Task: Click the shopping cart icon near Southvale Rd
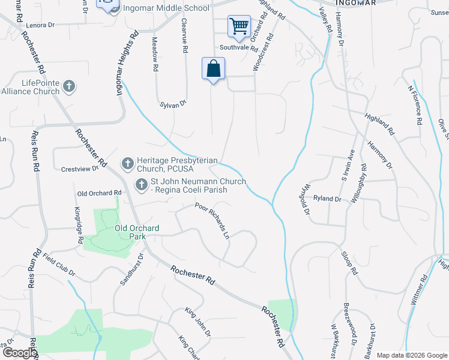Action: (x=239, y=26)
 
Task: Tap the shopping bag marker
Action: (x=213, y=68)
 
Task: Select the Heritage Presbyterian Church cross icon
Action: (x=127, y=163)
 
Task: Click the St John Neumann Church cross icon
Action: (x=142, y=185)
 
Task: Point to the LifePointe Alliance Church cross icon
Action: (x=69, y=86)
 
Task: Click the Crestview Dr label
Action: (x=79, y=169)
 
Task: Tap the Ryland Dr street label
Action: (x=327, y=199)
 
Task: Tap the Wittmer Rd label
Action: (x=418, y=290)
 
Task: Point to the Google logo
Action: (x=19, y=353)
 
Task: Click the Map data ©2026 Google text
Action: (x=411, y=355)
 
